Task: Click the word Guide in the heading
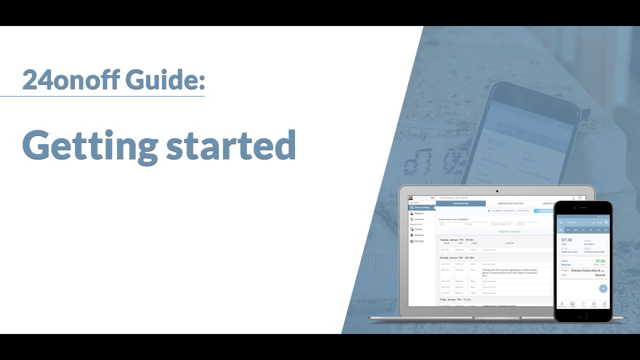tap(165, 79)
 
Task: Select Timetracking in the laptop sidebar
tap(421, 207)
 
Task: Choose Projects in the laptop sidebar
tap(418, 213)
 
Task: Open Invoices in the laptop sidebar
tap(418, 219)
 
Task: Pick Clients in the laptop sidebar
tap(418, 229)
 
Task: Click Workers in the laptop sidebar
tap(418, 235)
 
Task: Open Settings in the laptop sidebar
tap(418, 241)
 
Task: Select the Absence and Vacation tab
tap(510, 203)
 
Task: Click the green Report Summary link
tap(509, 231)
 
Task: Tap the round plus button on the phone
tap(603, 288)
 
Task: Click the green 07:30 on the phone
tap(600, 261)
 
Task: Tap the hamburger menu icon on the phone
tap(560, 222)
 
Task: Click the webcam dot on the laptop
tap(497, 191)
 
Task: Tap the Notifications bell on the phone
tap(561, 304)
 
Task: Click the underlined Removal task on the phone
tap(600, 275)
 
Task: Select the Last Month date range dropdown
tap(509, 211)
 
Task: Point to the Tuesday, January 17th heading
tap(456, 240)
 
